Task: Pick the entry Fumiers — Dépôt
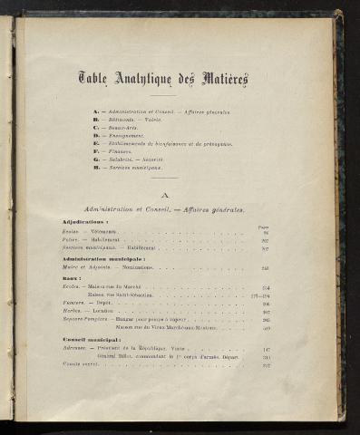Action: point(84,304)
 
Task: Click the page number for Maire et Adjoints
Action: point(265,268)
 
